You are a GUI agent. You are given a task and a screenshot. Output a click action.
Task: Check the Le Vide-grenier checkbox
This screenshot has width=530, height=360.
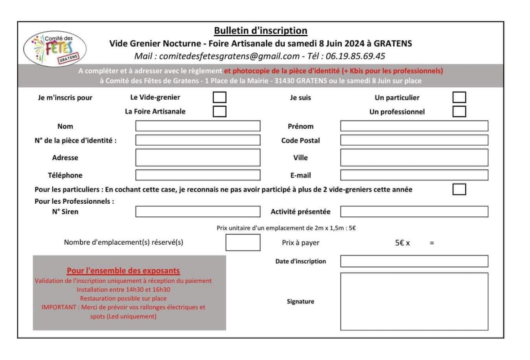tap(220, 97)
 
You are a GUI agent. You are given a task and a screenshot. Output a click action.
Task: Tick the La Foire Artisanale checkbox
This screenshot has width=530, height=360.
tap(220, 111)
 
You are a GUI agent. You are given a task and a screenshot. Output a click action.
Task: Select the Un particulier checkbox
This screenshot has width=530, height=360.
tap(459, 97)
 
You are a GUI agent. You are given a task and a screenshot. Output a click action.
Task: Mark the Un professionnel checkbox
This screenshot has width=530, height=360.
tap(459, 111)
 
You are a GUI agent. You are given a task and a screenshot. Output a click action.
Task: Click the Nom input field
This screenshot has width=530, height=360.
tap(198, 126)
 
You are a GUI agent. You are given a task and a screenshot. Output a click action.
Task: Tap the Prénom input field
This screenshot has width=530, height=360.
tap(414, 126)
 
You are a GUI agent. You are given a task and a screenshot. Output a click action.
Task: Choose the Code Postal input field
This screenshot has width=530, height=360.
tap(414, 140)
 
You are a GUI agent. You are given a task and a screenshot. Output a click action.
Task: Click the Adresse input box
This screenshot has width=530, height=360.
tap(198, 158)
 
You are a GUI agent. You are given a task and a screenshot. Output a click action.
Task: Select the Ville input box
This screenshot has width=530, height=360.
tap(414, 158)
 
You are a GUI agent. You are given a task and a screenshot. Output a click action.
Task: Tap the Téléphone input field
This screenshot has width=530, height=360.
tap(198, 175)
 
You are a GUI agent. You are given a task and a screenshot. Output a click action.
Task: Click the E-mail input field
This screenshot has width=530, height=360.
tap(414, 175)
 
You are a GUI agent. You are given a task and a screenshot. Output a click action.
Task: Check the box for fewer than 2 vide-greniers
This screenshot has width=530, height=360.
tap(459, 189)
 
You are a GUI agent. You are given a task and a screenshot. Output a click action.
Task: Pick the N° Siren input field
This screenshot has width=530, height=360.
tap(198, 212)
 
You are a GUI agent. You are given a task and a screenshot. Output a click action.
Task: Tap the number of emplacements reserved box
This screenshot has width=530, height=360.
tap(243, 243)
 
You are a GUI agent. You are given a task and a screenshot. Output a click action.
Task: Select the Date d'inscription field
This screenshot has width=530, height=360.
tap(414, 261)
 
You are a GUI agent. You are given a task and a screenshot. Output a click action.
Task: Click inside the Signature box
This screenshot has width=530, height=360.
tap(414, 301)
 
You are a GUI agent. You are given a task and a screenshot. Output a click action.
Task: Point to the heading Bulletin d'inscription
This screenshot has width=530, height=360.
tap(261, 31)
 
